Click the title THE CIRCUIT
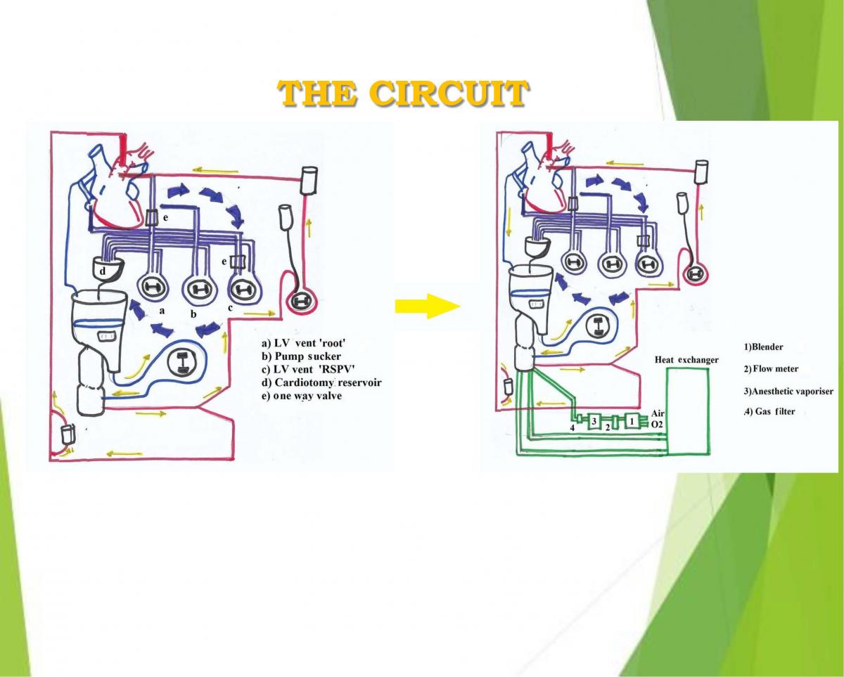pyautogui.click(x=402, y=94)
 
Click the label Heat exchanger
pyautogui.click(x=686, y=360)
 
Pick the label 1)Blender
pyautogui.click(x=763, y=347)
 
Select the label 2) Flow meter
pyautogui.click(x=771, y=368)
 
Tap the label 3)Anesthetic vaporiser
pyautogui.click(x=786, y=390)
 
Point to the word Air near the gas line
pyautogui.click(x=658, y=414)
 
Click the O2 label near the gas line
pyautogui.click(x=658, y=424)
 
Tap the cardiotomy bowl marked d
pyautogui.click(x=108, y=269)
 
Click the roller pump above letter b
pyautogui.click(x=197, y=288)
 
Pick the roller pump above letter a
pyautogui.click(x=152, y=287)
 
